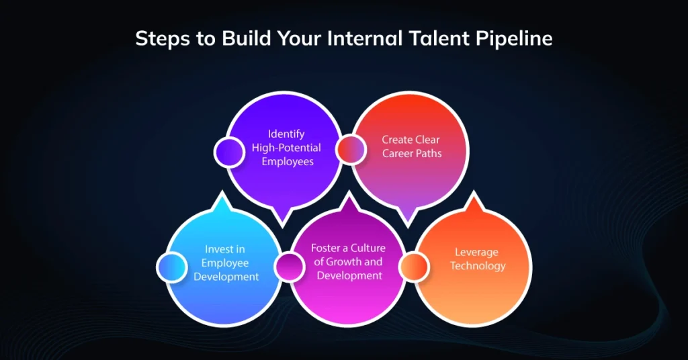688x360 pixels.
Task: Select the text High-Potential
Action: (x=286, y=148)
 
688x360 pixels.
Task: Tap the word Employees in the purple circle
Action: (x=286, y=162)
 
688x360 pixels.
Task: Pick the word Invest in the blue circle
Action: (x=215, y=250)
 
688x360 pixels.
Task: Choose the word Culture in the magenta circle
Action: (x=367, y=248)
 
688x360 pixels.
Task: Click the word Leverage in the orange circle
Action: (x=477, y=252)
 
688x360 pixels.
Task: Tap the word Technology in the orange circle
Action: (x=478, y=266)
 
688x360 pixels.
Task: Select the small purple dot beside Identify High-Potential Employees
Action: (x=229, y=151)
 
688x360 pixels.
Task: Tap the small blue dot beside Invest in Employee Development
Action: (x=172, y=267)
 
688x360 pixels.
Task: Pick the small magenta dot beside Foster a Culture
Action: (x=289, y=266)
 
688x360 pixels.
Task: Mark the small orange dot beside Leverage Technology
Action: (x=413, y=267)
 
